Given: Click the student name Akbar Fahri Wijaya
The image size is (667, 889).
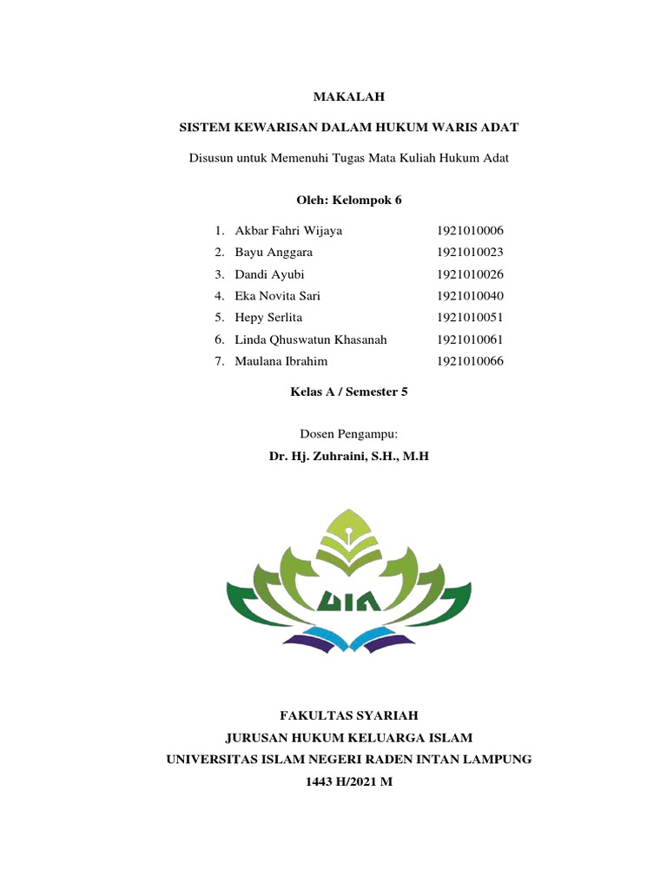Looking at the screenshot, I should click(288, 231).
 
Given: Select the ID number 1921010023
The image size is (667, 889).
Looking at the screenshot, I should click(470, 253).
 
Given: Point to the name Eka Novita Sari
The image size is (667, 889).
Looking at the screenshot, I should click(277, 296).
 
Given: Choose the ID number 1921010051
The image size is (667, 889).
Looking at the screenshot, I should click(470, 318).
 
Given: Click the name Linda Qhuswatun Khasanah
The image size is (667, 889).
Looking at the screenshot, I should click(310, 339).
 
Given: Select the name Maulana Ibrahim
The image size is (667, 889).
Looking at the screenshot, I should click(281, 361).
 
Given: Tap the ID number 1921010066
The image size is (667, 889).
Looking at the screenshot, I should click(470, 361).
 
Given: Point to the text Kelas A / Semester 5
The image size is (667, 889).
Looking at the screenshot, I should click(348, 392).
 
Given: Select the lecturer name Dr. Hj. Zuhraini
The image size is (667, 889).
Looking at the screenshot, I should click(348, 454).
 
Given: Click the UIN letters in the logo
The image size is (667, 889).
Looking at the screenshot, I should click(349, 598).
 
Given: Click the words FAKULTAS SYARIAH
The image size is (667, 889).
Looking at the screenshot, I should click(348, 715).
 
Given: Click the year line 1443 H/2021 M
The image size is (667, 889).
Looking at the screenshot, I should click(348, 781).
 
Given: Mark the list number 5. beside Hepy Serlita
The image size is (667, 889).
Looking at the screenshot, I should click(220, 318).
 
